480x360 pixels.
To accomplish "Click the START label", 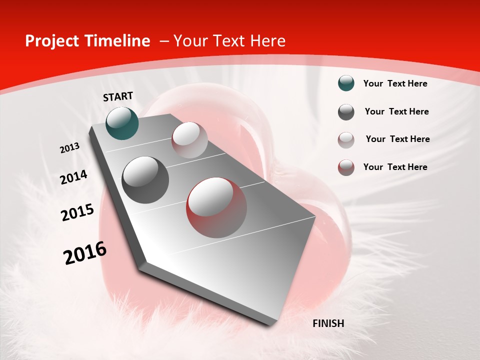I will click(118, 96).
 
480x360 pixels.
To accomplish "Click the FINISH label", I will click(328, 323).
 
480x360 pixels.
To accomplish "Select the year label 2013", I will click(70, 147).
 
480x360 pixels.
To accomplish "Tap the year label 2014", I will click(73, 177).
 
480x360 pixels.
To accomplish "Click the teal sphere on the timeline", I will click(122, 123).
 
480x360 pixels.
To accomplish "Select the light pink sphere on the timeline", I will click(189, 140).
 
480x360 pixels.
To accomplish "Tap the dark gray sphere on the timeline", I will click(145, 180).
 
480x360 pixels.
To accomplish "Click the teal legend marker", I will click(346, 83).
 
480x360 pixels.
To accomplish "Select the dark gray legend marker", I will click(346, 112).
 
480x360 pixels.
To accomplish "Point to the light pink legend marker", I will click(346, 140).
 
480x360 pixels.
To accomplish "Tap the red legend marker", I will click(346, 167).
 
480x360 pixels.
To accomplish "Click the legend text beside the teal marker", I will click(395, 83).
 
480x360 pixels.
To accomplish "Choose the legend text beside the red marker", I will click(395, 167).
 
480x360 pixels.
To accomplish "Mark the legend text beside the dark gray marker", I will click(396, 111).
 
